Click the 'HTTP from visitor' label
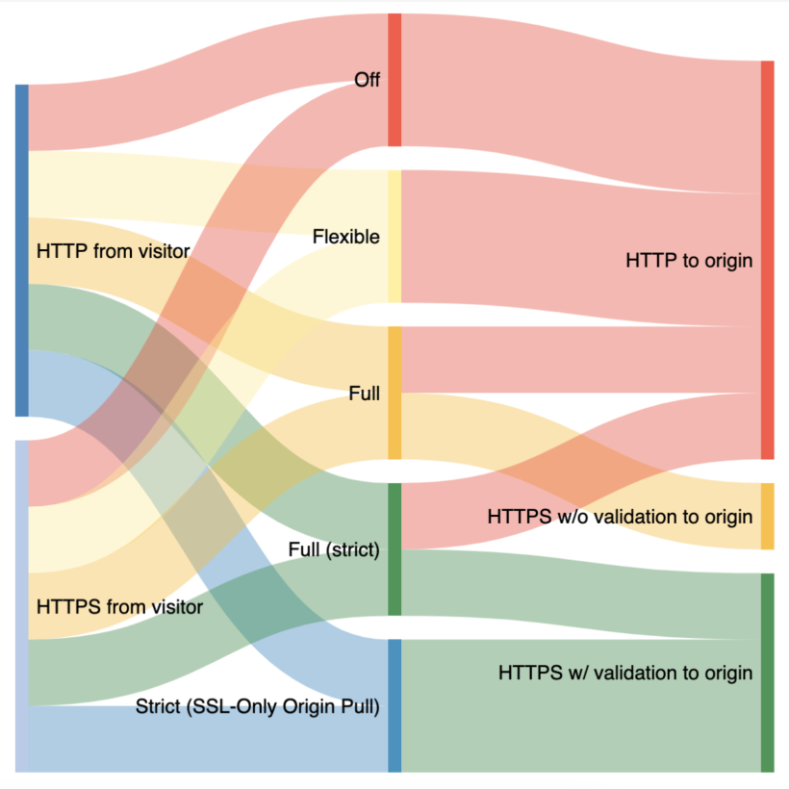tap(113, 251)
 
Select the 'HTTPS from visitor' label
tap(119, 607)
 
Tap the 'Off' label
tap(367, 80)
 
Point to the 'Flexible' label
tap(346, 237)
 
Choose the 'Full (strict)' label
tap(334, 550)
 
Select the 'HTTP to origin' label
tap(688, 260)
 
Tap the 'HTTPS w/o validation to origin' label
tap(620, 517)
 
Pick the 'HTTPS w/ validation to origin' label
tap(625, 673)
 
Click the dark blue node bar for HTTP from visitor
tap(22, 250)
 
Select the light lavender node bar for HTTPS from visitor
tap(22, 606)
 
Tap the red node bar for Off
tap(394, 80)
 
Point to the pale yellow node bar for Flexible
tap(394, 237)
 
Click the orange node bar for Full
tap(394, 393)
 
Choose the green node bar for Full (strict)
tap(394, 549)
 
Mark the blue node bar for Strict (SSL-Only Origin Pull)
tap(394, 705)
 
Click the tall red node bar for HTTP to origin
tap(767, 260)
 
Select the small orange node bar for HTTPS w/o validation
tap(767, 517)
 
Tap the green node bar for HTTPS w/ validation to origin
tap(767, 673)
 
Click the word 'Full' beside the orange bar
tap(366, 394)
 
